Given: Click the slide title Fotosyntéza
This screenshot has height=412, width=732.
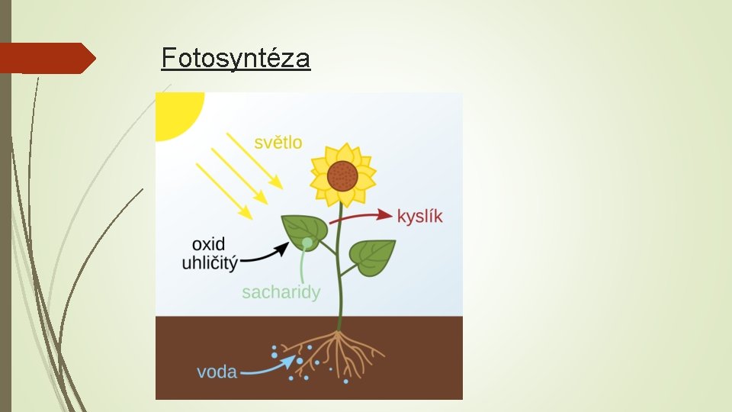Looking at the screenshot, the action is click(236, 57).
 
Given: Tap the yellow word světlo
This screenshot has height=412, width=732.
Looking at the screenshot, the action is click(278, 142).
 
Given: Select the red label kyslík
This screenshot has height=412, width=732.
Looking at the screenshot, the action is click(419, 216).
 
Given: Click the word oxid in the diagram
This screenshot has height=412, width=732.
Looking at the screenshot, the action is click(208, 244).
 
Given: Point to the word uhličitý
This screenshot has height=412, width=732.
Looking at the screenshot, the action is click(210, 263).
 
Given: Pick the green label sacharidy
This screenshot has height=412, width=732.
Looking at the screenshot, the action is click(281, 292).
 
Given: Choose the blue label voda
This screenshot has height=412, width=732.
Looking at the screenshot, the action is click(217, 372).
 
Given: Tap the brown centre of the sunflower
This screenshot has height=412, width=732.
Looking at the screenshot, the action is click(342, 176).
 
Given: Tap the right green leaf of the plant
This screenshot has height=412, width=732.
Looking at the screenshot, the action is click(373, 256).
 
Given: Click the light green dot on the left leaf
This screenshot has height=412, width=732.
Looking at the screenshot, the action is click(307, 243).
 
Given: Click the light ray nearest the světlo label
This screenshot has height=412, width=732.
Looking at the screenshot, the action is click(255, 161).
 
